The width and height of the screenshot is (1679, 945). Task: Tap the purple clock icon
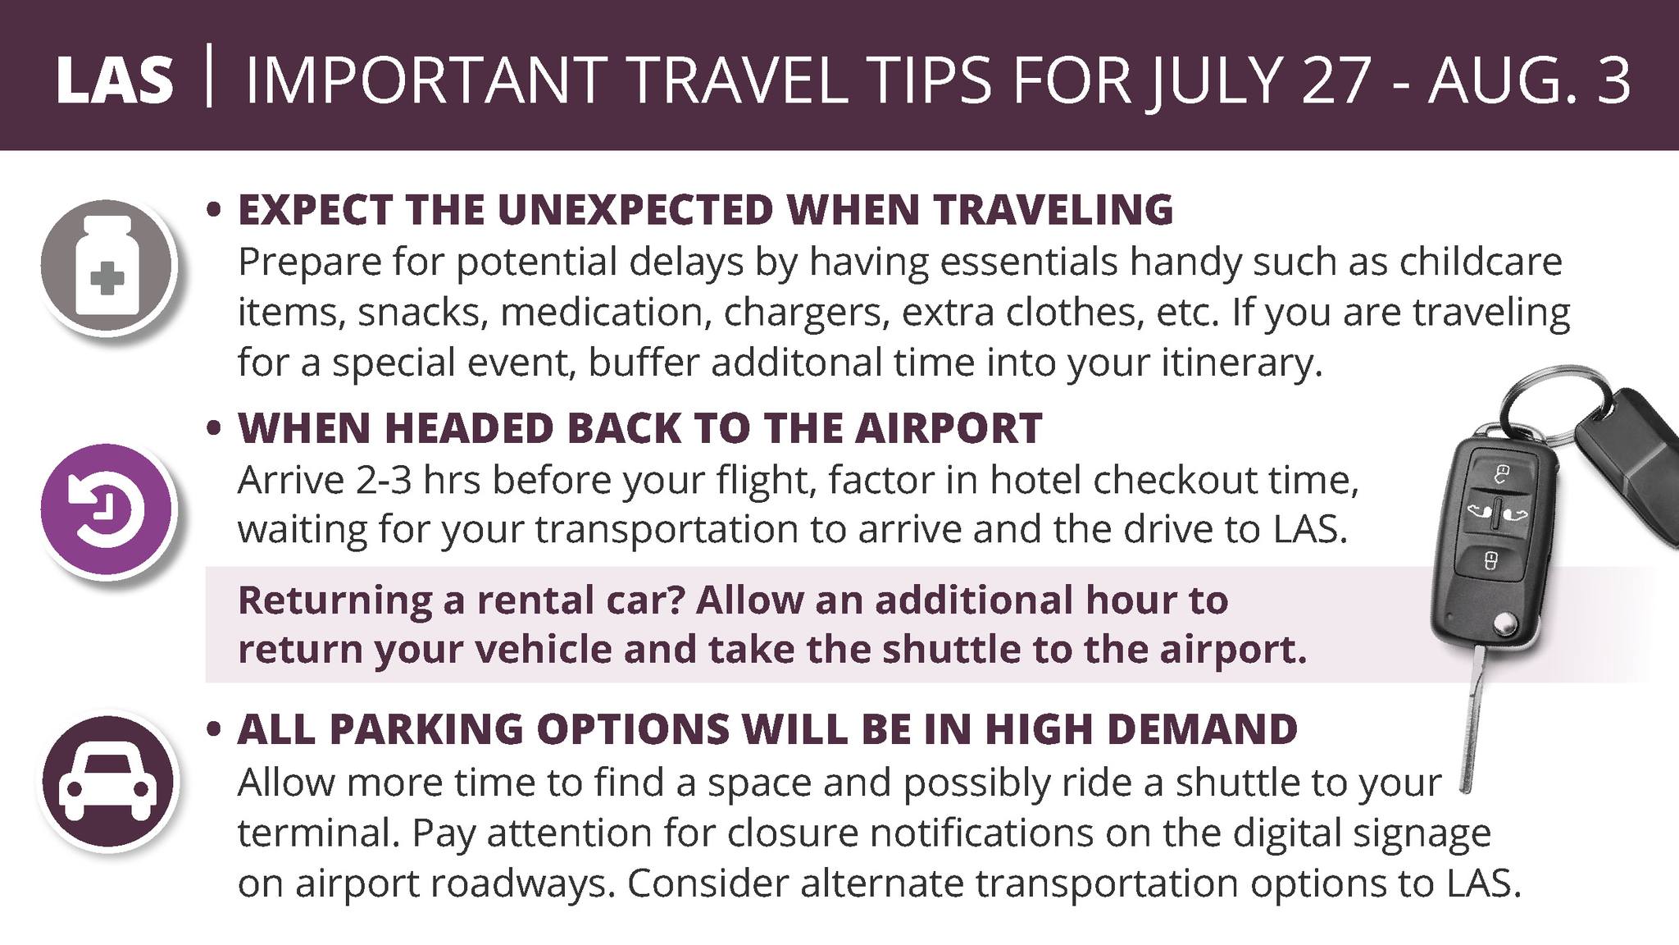(x=107, y=509)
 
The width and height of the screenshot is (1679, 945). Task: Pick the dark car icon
(x=107, y=780)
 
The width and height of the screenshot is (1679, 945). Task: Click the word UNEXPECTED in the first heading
(x=635, y=209)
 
